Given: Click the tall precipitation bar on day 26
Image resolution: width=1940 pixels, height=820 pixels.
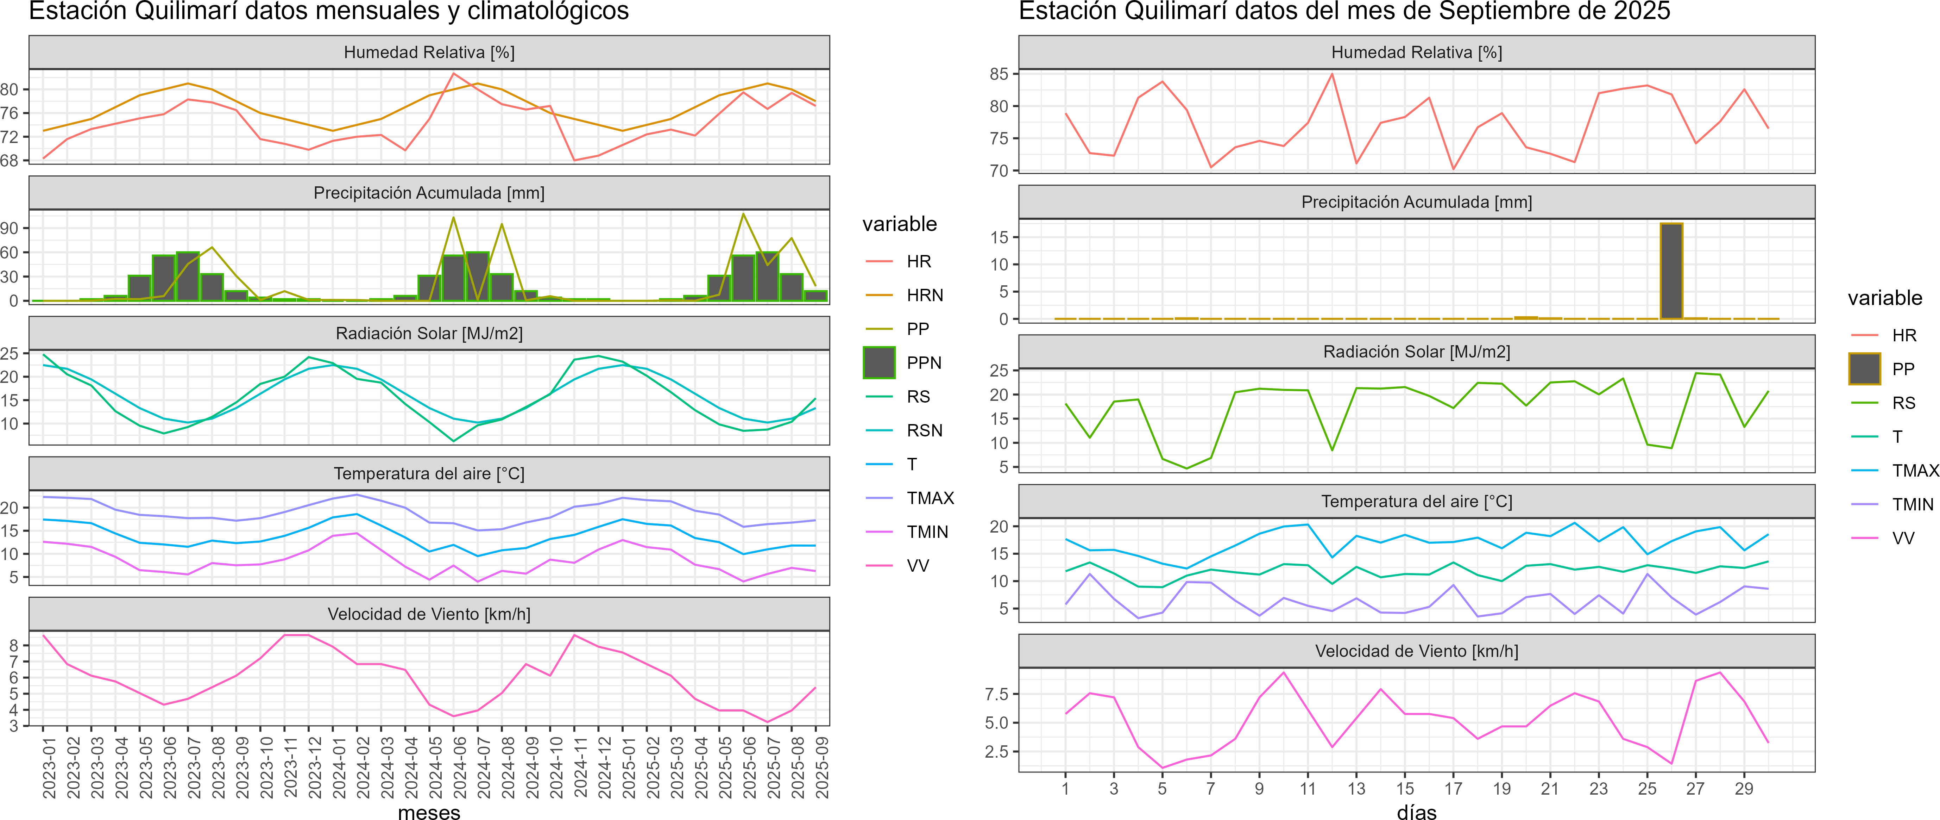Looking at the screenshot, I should (x=1671, y=271).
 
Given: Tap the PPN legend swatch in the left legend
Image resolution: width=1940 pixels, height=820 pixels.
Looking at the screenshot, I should (x=879, y=362).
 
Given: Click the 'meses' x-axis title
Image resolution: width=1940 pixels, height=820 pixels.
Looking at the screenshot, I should (x=429, y=812).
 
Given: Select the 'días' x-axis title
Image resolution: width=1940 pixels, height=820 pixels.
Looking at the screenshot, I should (x=1417, y=812).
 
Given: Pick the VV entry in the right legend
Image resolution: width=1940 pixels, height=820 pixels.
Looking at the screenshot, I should (x=1903, y=538).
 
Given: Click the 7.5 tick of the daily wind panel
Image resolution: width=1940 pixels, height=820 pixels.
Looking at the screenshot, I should (x=996, y=694).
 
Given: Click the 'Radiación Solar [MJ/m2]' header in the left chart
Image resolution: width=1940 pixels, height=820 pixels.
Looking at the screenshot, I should (x=429, y=333).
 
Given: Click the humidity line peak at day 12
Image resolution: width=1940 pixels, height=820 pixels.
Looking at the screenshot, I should (x=1332, y=74).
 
